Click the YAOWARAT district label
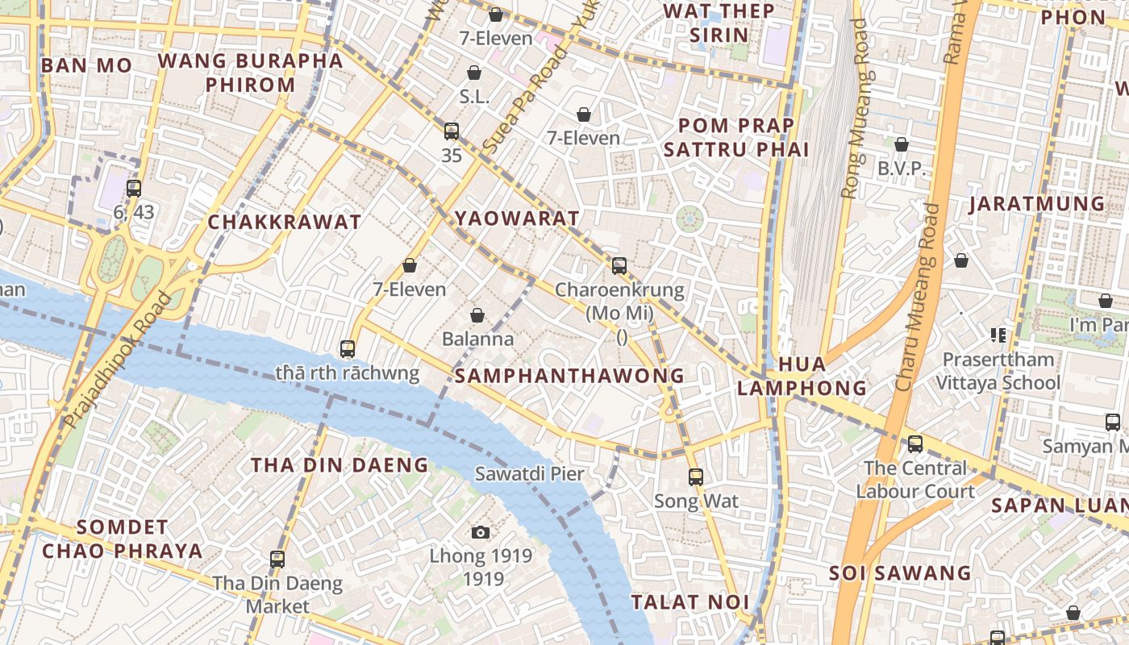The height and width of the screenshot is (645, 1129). click(517, 218)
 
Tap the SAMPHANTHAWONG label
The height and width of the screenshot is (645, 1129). click(569, 376)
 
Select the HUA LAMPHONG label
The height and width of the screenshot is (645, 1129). click(802, 377)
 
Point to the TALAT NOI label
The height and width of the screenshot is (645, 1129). click(690, 602)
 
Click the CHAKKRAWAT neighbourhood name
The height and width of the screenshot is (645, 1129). click(285, 223)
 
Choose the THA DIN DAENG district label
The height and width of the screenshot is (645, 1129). click(340, 465)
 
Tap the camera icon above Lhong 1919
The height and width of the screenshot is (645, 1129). click(481, 532)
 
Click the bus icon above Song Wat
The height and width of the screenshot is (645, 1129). click(696, 476)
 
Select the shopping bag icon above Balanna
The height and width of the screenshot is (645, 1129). click(477, 314)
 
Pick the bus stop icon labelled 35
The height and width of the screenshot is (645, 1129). click(452, 131)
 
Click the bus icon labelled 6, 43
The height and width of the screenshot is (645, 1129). click(134, 189)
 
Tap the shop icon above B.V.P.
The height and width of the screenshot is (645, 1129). click(902, 144)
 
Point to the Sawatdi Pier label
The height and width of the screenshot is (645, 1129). click(529, 474)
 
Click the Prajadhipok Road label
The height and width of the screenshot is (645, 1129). click(118, 360)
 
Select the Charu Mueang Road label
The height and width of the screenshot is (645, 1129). click(918, 298)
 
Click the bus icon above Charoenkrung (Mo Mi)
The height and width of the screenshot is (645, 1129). click(619, 265)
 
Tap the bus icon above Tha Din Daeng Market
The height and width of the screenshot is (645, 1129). click(277, 559)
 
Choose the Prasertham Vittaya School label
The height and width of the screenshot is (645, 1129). click(998, 371)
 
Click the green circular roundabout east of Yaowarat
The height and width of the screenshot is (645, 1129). click(689, 218)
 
